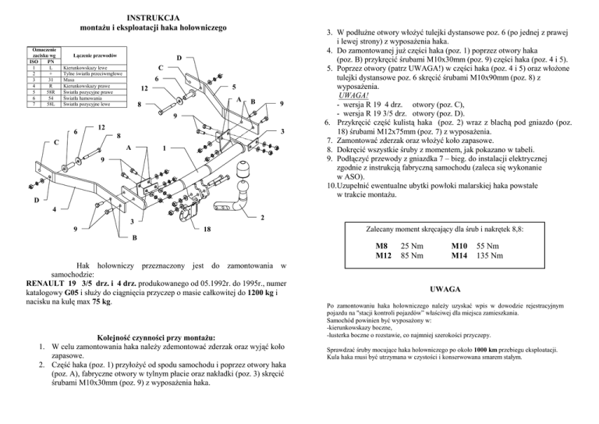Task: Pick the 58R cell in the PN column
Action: [50, 91]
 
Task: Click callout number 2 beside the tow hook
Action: [264, 216]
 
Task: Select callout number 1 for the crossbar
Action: [163, 148]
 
